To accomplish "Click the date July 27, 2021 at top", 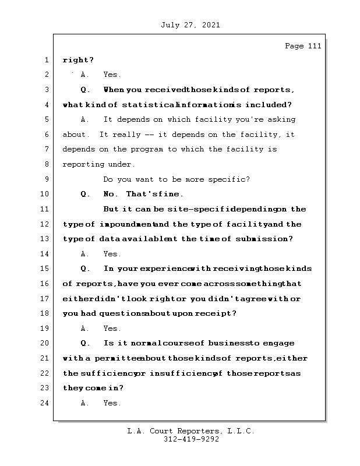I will click(x=189, y=25).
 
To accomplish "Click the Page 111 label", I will click(x=302, y=46).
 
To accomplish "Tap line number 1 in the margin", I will click(x=46, y=60).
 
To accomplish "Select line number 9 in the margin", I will click(x=46, y=179).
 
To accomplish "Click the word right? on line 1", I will click(x=78, y=60).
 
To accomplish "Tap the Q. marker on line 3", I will click(x=86, y=90).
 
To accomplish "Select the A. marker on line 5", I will click(x=86, y=119).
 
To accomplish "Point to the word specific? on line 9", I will click(x=230, y=179).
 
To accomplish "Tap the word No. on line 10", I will click(x=111, y=195).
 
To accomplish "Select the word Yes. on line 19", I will click(x=112, y=329).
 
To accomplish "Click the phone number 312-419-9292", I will click(x=190, y=440).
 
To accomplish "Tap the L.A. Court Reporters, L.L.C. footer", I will click(x=190, y=431).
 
